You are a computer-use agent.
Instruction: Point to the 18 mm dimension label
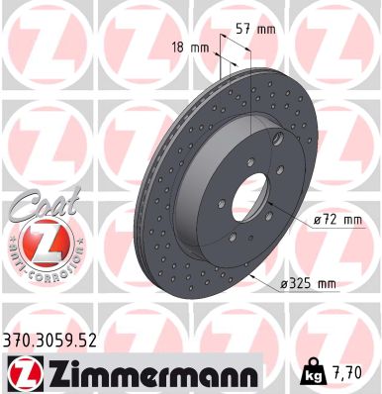click(188, 47)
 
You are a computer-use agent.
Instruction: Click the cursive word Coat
click(38, 205)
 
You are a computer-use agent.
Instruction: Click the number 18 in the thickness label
click(177, 47)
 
